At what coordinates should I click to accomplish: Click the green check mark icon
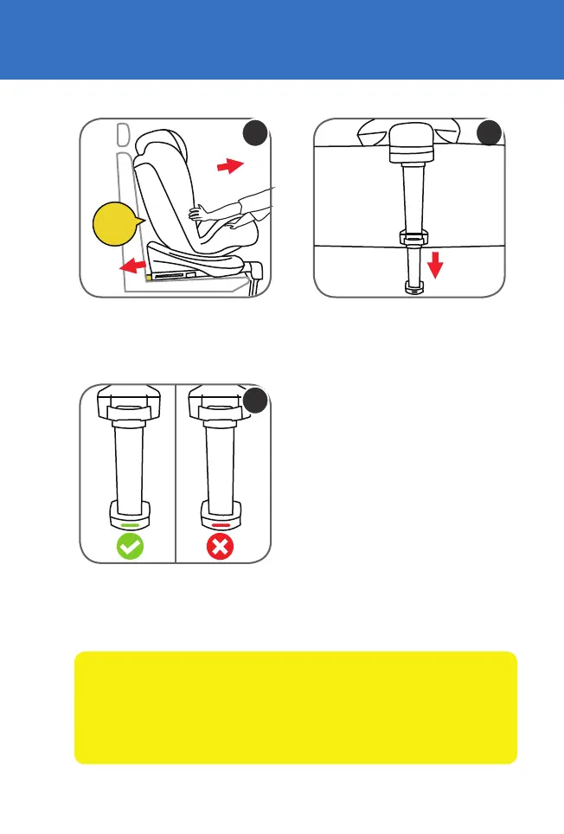pyautogui.click(x=129, y=546)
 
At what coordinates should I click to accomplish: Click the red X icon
pyautogui.click(x=221, y=546)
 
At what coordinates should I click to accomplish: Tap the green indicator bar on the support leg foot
pyautogui.click(x=129, y=524)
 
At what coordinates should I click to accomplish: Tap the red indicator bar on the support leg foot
pyautogui.click(x=221, y=524)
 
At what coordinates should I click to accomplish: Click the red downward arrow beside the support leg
pyautogui.click(x=435, y=265)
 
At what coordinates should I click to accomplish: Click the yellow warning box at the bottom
pyautogui.click(x=296, y=708)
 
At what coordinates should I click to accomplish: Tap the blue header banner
pyautogui.click(x=282, y=39)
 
